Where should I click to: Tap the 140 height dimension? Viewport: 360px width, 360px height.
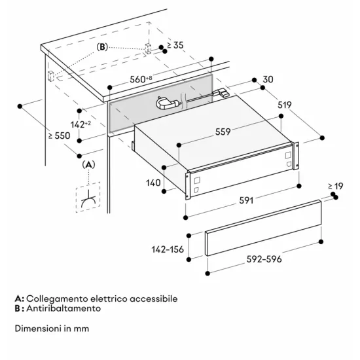coord(153,184)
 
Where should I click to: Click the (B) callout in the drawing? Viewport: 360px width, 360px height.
coord(103,47)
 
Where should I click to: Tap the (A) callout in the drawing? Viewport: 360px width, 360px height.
coord(89,164)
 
